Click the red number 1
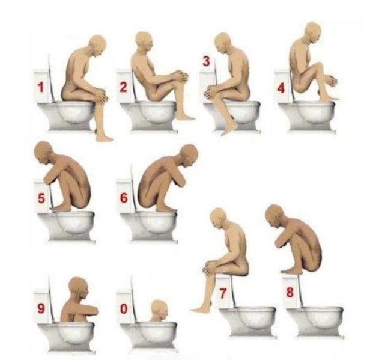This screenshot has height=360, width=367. pos(41,87)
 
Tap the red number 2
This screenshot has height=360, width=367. pos(124,87)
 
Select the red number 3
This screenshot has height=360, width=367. pos(206,61)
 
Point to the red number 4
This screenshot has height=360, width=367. pos(281,88)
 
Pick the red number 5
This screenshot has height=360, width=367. pos(41,198)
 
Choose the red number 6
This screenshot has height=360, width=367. pos(124,198)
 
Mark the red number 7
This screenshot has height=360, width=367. pos(223,293)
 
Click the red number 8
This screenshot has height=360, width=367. pos(290,292)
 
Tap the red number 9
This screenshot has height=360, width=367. pos(41,308)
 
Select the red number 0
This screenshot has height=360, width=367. pos(124,308)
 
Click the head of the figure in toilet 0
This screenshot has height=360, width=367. pos(159,310)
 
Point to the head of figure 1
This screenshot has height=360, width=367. pos(97,46)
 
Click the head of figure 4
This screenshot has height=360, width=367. pos(313,32)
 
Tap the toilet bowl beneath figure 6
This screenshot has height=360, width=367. pos(150,226)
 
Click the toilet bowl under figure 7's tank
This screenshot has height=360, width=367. pos(247,322)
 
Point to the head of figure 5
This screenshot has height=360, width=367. pos(44,153)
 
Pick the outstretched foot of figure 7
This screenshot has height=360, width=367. pos(201,309)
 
